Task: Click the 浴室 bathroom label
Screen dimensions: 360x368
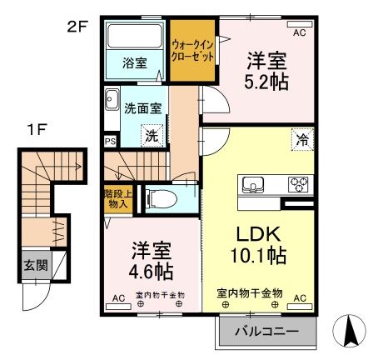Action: (x=135, y=61)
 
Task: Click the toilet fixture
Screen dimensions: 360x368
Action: (x=158, y=198)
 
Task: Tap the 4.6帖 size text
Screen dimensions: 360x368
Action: (x=150, y=272)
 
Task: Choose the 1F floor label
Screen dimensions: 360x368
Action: (x=33, y=130)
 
